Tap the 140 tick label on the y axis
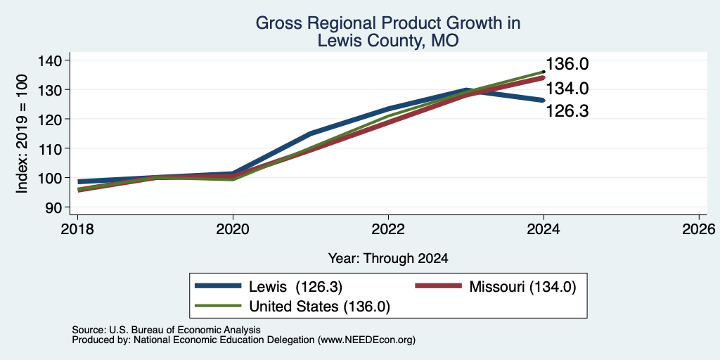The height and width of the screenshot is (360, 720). coord(51,60)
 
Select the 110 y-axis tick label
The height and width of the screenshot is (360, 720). coord(51,148)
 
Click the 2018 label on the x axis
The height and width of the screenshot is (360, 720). coord(77,229)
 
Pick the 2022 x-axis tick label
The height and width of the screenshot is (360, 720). coord(388,229)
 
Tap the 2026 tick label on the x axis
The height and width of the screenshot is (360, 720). coord(699,229)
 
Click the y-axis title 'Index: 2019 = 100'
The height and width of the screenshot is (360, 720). coord(22,134)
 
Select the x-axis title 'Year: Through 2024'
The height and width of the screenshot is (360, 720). coord(388,259)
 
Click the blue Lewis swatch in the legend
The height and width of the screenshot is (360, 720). coord(218,286)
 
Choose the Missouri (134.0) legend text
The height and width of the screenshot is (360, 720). coord(522,287)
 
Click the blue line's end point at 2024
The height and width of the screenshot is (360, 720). coord(544,100)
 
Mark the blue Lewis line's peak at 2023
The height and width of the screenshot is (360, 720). coord(466,90)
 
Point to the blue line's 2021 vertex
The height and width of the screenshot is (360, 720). coord(311,134)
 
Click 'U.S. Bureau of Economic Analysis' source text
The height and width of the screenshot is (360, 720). coord(184,330)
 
